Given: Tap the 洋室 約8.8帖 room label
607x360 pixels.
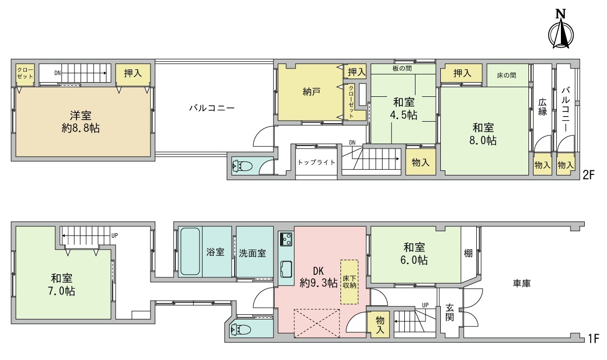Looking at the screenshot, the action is [81, 122].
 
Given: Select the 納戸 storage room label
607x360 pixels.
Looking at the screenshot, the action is [312, 92].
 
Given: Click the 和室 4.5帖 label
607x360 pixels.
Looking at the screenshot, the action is [404, 109].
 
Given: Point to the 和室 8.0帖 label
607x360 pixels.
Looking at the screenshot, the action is [483, 134].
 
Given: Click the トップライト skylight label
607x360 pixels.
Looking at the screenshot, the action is [316, 162].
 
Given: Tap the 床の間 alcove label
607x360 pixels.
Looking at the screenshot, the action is [507, 75].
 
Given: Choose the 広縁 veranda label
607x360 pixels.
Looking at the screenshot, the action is [543, 107].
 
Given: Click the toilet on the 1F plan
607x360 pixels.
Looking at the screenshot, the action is [241, 330].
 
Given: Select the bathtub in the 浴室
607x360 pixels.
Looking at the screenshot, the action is [190, 251].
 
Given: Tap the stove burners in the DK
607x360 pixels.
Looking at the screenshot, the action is [286, 239].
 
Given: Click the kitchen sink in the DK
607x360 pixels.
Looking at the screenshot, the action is [286, 269].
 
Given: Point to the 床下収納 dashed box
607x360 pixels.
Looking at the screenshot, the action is [349, 282].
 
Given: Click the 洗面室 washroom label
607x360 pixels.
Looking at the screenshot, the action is [252, 253].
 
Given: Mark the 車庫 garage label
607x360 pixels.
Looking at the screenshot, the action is [522, 283].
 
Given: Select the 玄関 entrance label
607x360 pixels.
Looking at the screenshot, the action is [449, 312].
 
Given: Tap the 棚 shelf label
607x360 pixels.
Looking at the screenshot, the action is [468, 253].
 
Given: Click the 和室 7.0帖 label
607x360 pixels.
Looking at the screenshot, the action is [61, 284].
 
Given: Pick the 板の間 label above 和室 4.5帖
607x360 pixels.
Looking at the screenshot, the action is [402, 68].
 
